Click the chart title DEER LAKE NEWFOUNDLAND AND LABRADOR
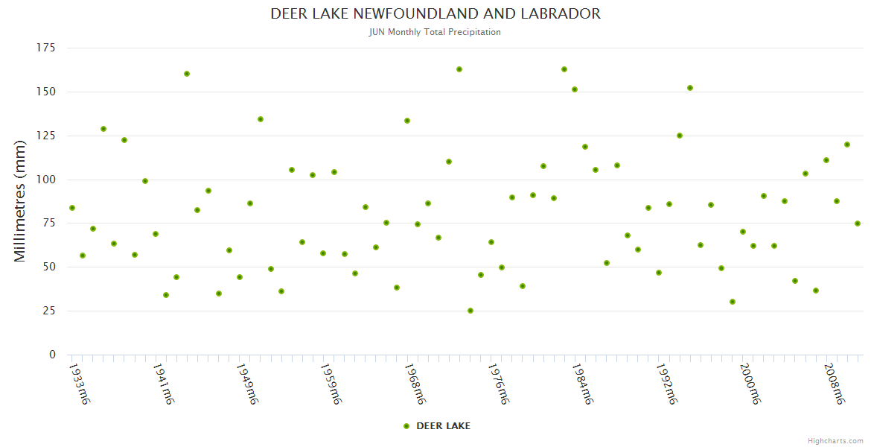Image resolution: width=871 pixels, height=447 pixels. click(435, 14)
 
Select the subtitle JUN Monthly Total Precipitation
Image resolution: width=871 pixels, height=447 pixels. click(435, 32)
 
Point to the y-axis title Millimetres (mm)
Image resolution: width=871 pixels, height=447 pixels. click(20, 201)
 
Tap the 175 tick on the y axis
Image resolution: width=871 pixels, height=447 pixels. click(46, 48)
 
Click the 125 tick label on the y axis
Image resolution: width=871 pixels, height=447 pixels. click(46, 136)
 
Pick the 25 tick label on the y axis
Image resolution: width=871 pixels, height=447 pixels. click(49, 311)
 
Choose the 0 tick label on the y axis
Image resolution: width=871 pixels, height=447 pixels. click(52, 355)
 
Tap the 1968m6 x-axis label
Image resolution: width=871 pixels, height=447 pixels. click(415, 384)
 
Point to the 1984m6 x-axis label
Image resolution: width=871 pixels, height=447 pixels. click(582, 384)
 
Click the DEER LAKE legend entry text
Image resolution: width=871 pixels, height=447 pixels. click(443, 426)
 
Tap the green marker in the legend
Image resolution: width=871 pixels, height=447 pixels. click(406, 426)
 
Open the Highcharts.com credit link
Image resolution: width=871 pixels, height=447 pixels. click(835, 441)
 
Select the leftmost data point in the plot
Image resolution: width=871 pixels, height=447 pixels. click(72, 208)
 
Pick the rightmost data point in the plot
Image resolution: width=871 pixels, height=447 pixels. click(858, 223)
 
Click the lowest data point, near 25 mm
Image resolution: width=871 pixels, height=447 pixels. click(470, 311)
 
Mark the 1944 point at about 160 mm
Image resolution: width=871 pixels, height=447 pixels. click(187, 74)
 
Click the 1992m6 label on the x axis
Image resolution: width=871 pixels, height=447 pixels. click(666, 384)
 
